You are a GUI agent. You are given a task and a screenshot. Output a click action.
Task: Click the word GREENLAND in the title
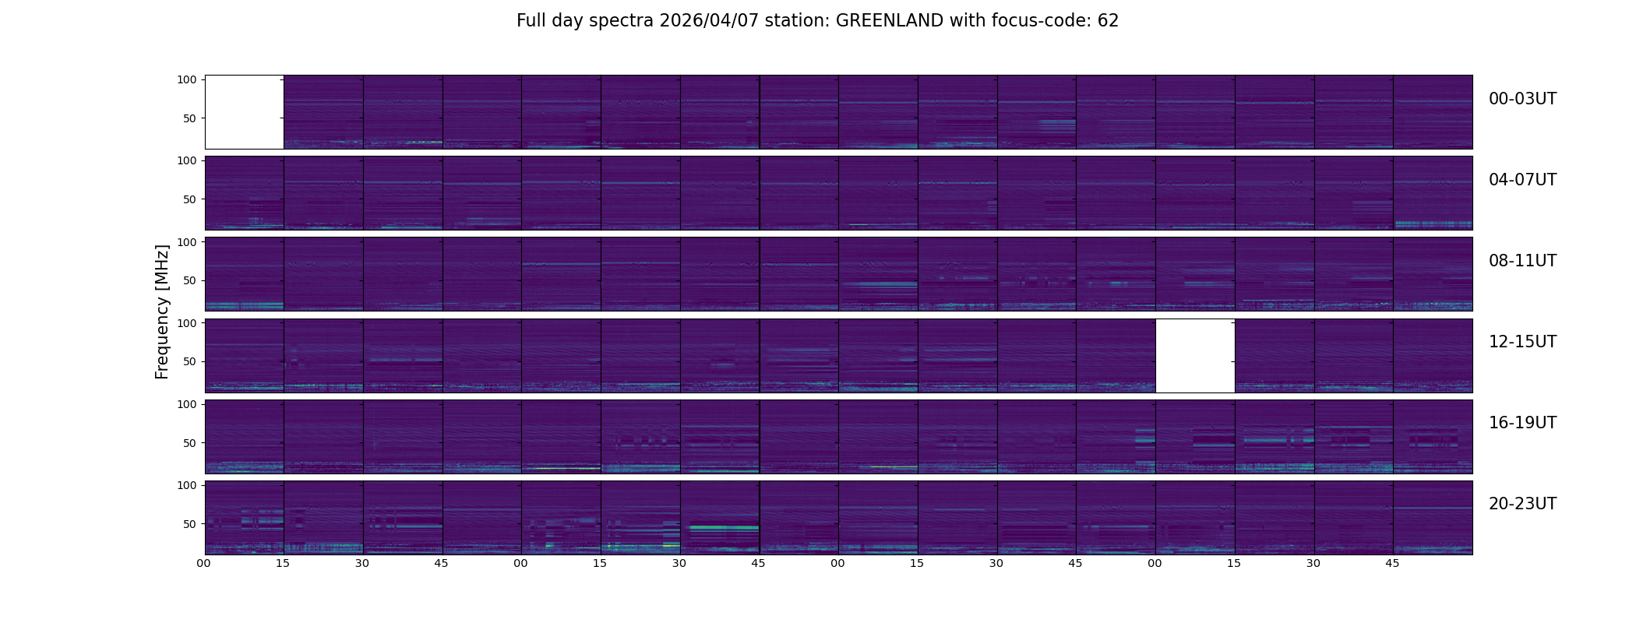[890, 21]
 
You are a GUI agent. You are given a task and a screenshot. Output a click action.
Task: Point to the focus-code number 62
[1108, 21]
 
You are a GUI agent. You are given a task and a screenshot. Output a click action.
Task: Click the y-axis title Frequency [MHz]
[162, 312]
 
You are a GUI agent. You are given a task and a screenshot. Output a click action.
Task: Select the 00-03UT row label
[1522, 99]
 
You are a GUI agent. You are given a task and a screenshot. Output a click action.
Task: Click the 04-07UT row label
[1522, 180]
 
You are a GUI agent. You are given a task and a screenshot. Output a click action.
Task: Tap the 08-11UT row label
[1522, 261]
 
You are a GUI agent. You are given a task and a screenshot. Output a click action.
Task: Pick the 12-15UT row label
[1522, 342]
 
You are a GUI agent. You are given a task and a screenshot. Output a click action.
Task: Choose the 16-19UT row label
[1522, 423]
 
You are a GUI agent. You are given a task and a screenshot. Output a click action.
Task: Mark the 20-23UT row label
[1522, 504]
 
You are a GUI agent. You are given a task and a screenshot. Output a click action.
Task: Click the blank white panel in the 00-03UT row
[245, 112]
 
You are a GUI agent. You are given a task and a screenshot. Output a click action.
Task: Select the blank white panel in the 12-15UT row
[1195, 355]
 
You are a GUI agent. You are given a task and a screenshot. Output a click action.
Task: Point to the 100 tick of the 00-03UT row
[187, 79]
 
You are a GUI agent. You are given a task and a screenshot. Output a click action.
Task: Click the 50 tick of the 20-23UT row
[190, 524]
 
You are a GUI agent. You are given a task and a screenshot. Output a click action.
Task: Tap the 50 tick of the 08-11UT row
[190, 280]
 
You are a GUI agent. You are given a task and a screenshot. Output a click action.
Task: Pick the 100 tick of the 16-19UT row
[187, 404]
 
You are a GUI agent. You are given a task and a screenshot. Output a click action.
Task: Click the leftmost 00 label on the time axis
[204, 563]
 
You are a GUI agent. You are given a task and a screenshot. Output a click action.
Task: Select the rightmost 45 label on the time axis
[1393, 563]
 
